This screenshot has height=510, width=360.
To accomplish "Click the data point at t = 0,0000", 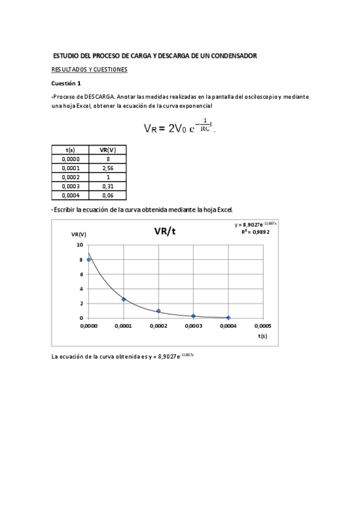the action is pyautogui.click(x=89, y=260).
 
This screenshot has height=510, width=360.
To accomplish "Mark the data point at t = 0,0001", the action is pyautogui.click(x=124, y=299).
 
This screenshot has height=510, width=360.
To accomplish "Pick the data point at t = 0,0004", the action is pyautogui.click(x=228, y=318).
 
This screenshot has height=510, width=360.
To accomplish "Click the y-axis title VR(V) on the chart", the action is pyautogui.click(x=79, y=234).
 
